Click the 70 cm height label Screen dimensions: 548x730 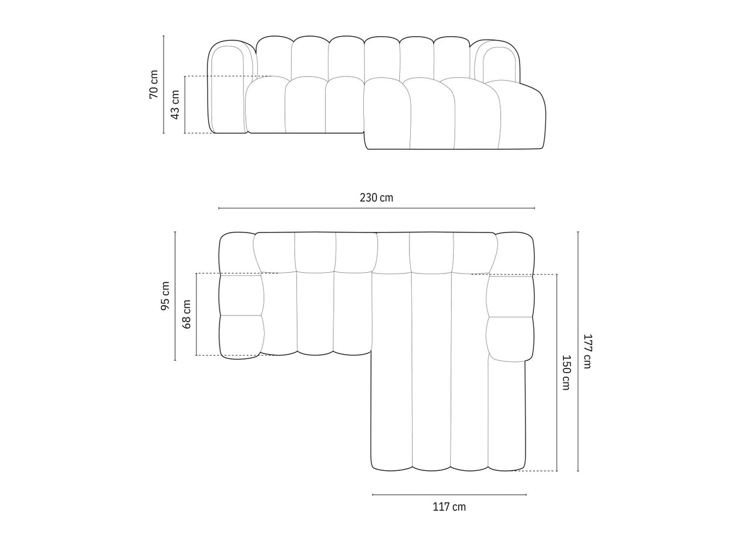point(154,84)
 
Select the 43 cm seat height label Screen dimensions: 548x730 point(175,104)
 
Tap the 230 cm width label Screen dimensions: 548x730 point(376,198)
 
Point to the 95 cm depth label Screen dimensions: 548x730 point(165,296)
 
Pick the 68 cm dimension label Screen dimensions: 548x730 point(187,314)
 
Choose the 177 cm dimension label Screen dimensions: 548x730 point(587,351)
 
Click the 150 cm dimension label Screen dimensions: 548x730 point(566,372)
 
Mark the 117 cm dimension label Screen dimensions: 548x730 point(449,507)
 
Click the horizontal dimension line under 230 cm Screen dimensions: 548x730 point(376,208)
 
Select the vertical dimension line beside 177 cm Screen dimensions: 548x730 point(578,351)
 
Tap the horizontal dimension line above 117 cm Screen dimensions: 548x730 point(449,495)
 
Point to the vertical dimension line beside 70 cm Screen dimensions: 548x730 point(164,84)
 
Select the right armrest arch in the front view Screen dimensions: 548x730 point(497,60)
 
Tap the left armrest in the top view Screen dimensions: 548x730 point(241,295)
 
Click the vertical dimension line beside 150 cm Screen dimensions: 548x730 point(557,372)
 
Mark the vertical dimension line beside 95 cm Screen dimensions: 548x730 point(175,296)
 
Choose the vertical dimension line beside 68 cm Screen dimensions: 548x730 point(197,314)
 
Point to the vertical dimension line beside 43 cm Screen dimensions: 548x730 point(185,104)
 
